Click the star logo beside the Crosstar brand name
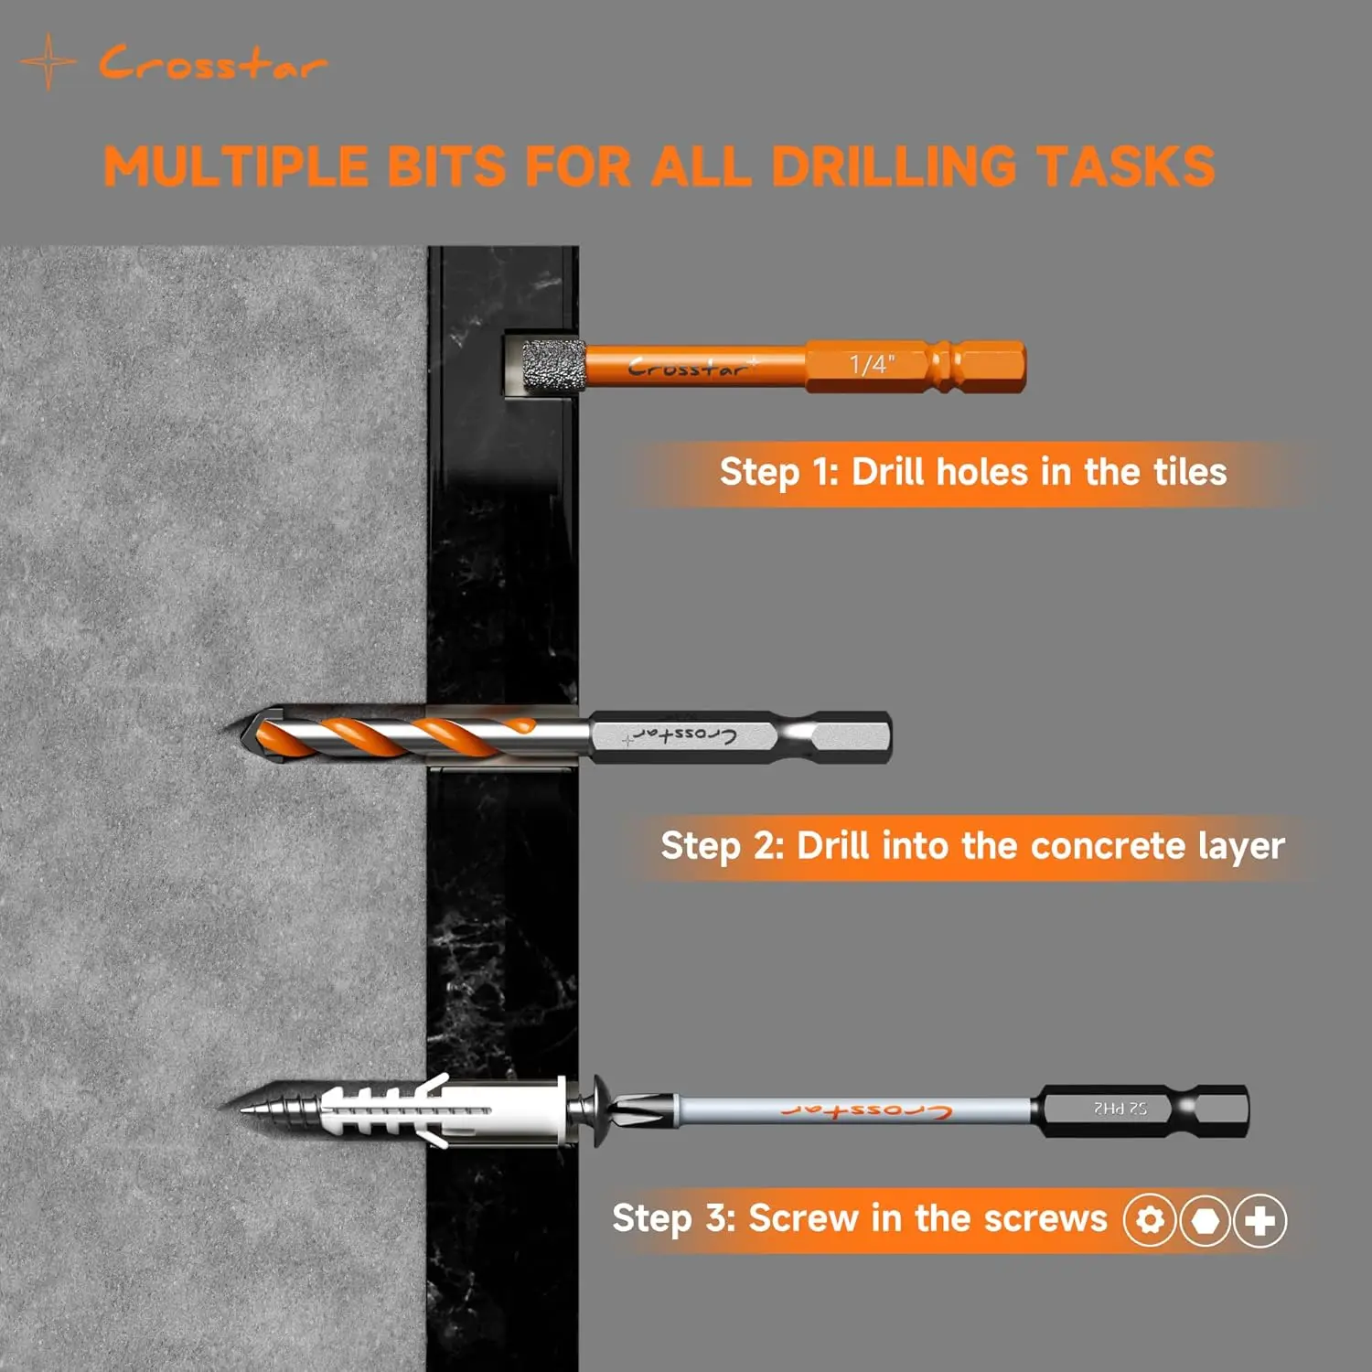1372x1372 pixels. (x=48, y=62)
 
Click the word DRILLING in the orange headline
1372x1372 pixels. (x=894, y=166)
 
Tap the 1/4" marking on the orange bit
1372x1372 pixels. (x=872, y=365)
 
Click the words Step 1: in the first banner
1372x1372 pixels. (x=778, y=473)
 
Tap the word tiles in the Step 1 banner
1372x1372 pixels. (x=1190, y=472)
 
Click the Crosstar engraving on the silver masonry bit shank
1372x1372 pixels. (x=681, y=735)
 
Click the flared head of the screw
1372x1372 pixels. (x=602, y=1109)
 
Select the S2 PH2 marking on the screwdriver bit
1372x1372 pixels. (x=1120, y=1109)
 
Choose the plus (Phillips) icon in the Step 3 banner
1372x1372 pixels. (x=1260, y=1220)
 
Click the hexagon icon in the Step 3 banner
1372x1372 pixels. (x=1206, y=1220)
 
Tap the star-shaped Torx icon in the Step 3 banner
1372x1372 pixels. (x=1151, y=1220)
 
